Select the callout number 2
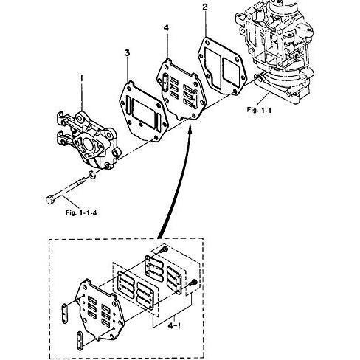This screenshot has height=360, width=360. [x=205, y=7]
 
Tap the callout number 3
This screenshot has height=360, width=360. [x=127, y=52]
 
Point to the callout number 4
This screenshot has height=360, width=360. [x=167, y=28]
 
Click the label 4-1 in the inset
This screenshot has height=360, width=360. [x=174, y=326]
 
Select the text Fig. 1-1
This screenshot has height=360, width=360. [x=259, y=110]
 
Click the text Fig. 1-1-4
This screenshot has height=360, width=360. [x=81, y=212]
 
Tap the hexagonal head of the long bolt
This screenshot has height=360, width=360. [x=50, y=199]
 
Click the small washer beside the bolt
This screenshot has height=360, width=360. [x=92, y=175]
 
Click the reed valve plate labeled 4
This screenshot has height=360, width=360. [x=181, y=90]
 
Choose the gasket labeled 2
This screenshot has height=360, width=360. [x=222, y=66]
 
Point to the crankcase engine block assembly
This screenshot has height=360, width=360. [x=275, y=49]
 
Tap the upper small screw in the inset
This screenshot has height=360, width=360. [x=165, y=249]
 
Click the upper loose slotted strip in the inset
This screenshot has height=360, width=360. [x=64, y=314]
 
